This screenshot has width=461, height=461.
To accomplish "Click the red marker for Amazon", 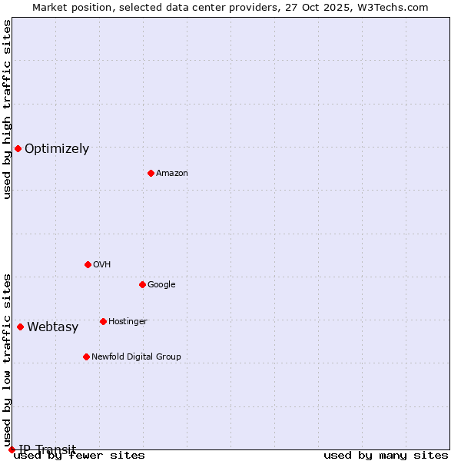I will [151, 173].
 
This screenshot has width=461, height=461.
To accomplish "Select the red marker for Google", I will [142, 284].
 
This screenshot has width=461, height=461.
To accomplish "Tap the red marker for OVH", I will [88, 264].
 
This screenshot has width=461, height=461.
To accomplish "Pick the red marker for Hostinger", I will [103, 321].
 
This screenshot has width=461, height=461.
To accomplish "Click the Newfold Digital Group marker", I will [86, 357].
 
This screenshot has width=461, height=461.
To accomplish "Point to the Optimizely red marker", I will [18, 148].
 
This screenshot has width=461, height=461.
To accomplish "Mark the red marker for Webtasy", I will [20, 327].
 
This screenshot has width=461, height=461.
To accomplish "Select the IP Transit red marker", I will [12, 449].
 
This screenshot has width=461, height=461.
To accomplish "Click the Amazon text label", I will [172, 174].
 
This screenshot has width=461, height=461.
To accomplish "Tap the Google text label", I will [161, 285].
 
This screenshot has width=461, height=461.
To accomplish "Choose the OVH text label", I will [102, 265].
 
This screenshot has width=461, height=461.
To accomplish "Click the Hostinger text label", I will [128, 322].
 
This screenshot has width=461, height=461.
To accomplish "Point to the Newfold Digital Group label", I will [137, 357].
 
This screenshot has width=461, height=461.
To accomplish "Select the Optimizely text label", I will [57, 149].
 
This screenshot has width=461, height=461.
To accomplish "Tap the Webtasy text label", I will [53, 327].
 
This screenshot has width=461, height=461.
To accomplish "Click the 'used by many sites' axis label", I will [386, 456].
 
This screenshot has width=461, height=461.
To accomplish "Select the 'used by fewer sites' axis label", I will [79, 456].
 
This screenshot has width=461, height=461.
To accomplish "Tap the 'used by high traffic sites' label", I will [8, 109].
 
